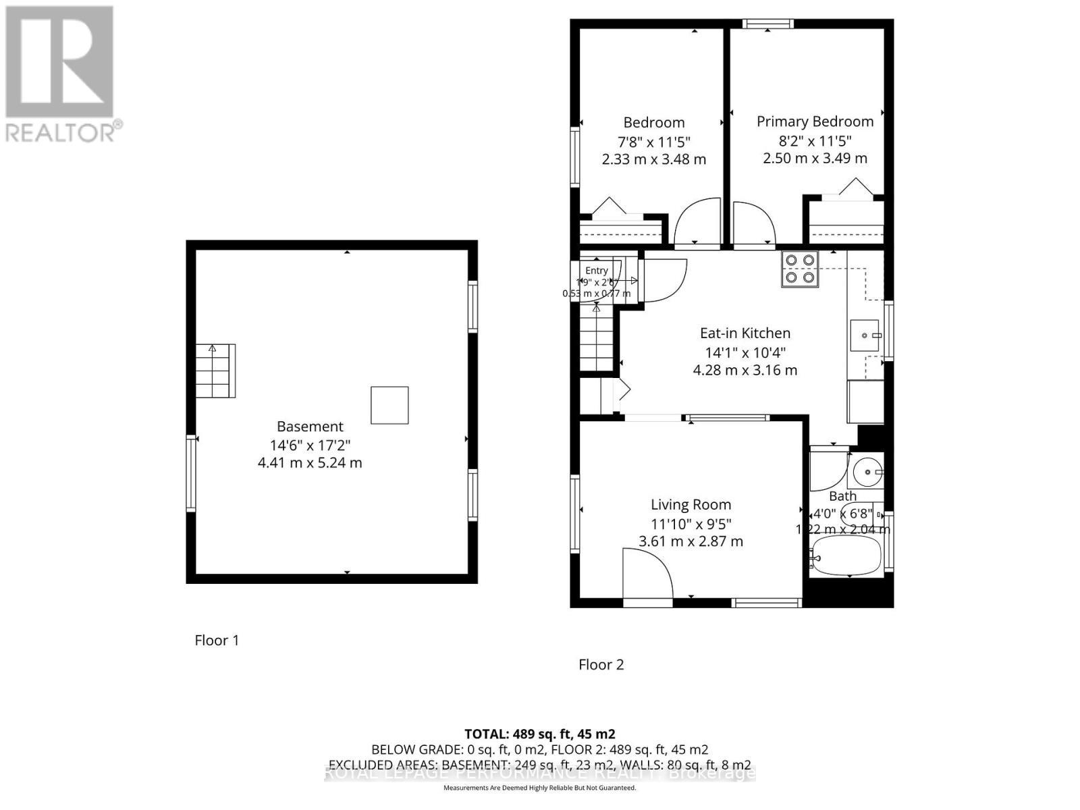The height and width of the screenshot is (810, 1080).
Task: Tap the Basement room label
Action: click(x=310, y=427)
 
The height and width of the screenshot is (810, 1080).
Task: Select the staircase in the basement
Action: click(x=215, y=371)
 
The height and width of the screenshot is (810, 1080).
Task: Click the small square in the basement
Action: click(x=389, y=405)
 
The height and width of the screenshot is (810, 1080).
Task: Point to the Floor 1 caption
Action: click(x=217, y=640)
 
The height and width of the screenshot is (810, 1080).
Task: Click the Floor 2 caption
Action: click(x=601, y=664)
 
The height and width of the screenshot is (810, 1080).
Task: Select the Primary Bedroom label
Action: click(x=815, y=122)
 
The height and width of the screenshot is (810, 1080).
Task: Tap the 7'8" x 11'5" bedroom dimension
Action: click(x=653, y=142)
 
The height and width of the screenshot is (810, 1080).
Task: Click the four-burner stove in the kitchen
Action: click(x=800, y=269)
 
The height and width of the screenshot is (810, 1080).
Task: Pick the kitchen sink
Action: click(x=865, y=335)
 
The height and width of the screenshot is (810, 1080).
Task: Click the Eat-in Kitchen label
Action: click(x=745, y=333)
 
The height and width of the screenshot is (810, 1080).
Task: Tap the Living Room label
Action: click(x=691, y=504)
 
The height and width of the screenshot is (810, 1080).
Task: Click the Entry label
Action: click(x=596, y=271)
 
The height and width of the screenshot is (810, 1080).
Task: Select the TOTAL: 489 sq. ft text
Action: click(x=539, y=734)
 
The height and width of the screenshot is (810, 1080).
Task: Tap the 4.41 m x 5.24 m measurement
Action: click(x=310, y=463)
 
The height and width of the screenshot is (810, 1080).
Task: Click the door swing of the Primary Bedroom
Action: click(x=753, y=223)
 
